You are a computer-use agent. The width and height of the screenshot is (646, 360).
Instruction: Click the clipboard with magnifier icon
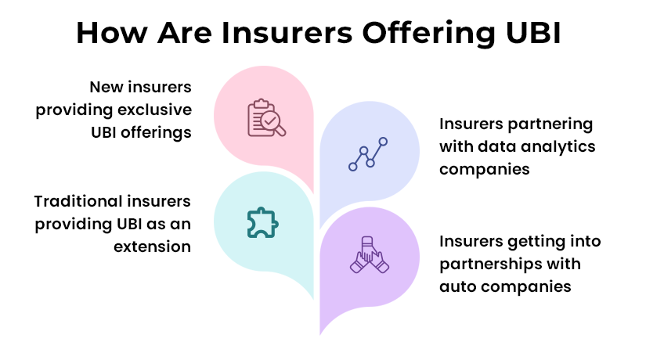pos(263,118)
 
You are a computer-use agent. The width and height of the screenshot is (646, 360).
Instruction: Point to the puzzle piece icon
pos(262,222)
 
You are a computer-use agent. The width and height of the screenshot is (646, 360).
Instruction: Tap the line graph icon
pos(368,153)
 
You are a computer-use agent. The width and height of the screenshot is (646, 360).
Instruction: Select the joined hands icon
pos(369,256)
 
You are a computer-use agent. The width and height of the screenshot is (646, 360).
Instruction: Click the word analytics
pos(556,146)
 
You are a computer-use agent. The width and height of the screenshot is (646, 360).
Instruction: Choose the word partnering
pos(551,124)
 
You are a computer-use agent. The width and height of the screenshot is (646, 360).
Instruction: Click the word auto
pos(457,286)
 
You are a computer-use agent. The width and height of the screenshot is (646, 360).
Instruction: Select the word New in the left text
pos(106,87)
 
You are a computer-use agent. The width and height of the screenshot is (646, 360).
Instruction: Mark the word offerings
pos(155,131)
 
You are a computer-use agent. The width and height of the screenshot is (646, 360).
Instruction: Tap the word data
pos(494,146)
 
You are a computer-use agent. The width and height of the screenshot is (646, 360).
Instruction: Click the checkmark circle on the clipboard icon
pos(270,121)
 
